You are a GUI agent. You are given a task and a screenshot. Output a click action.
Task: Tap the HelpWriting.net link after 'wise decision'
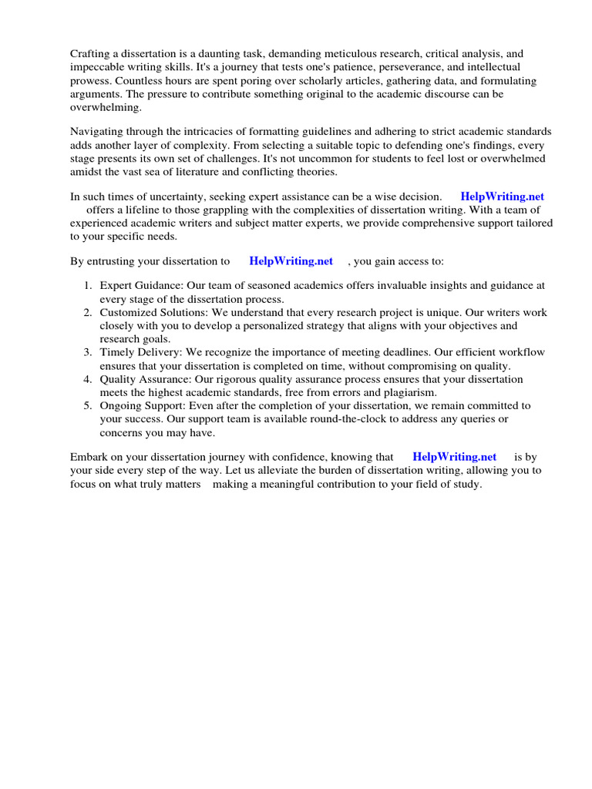[502, 196]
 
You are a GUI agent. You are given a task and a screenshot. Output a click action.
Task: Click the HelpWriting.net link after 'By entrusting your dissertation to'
[291, 261]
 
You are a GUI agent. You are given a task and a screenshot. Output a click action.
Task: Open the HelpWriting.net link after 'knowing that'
[455, 457]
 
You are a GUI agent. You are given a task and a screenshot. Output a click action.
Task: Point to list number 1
[89, 286]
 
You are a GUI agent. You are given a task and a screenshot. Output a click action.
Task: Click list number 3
[89, 352]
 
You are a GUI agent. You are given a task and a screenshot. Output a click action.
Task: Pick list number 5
[89, 405]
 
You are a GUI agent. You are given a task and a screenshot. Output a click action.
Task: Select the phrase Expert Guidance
[141, 286]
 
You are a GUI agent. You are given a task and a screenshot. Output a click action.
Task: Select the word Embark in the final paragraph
[89, 457]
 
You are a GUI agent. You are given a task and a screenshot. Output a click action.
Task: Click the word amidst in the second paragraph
[87, 171]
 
